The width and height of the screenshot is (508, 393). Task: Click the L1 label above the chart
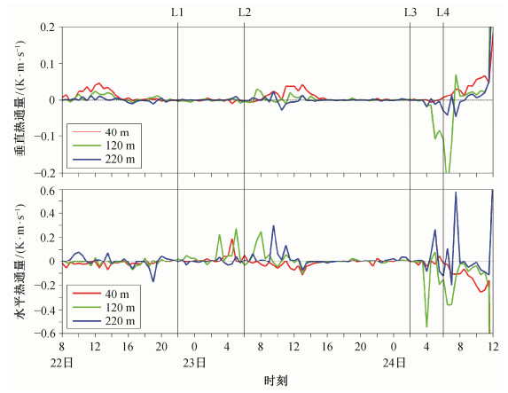pos(177,12)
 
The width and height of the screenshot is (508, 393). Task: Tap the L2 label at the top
pos(245,12)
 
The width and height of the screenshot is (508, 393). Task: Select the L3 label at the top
pos(410,12)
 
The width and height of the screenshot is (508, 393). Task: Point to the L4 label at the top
pos(443,12)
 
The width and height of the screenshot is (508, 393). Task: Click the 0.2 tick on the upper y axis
pos(48,27)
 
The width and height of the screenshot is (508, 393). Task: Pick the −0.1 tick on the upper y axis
pos(44,137)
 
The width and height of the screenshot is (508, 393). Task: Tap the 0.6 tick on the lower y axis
pos(48,190)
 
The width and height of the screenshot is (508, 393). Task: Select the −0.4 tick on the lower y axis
pos(44,310)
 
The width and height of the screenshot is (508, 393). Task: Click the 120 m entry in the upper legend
pos(120,145)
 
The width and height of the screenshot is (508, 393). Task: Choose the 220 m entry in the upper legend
pos(120,159)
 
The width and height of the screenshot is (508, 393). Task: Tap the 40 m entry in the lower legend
pos(117,295)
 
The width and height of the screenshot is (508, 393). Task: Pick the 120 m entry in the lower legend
pos(120,308)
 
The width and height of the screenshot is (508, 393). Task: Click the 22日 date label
pos(61,363)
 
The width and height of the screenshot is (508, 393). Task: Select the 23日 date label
pos(194,363)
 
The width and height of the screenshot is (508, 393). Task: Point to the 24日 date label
pos(394,363)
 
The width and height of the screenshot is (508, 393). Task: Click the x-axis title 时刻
pos(276,381)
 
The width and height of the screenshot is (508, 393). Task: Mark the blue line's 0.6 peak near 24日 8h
pos(456,192)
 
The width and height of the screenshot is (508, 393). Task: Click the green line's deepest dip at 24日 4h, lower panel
pos(426,326)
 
